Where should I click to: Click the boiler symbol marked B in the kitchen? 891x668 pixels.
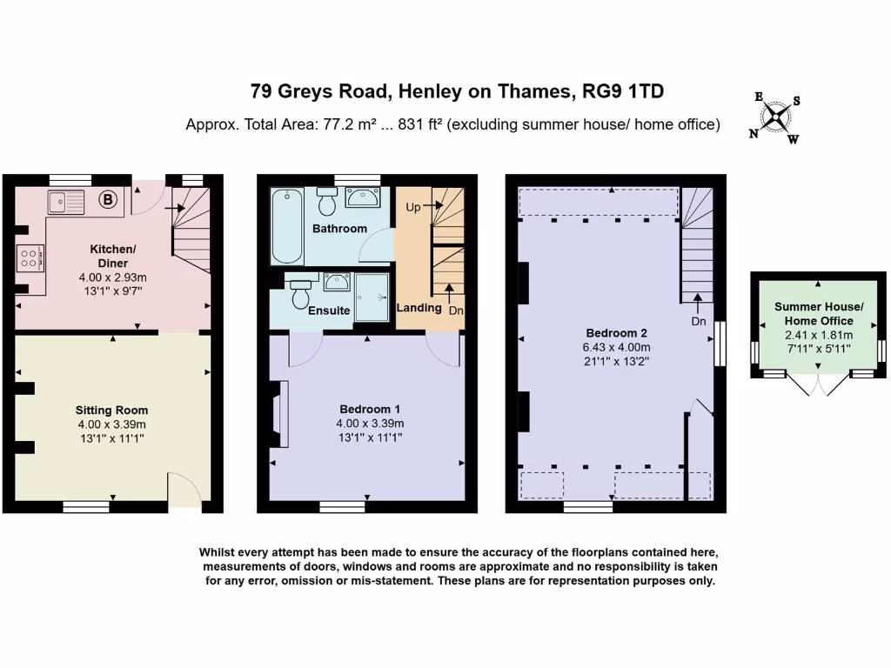pos(108,200)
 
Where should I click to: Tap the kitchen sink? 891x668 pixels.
pos(66,202)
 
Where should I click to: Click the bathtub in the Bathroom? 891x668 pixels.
pos(287,225)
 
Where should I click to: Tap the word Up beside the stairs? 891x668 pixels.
pos(413,207)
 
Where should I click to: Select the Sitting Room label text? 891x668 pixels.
pos(111,410)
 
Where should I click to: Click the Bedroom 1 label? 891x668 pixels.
pos(371,409)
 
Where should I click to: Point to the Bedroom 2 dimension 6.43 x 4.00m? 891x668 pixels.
pos(616,346)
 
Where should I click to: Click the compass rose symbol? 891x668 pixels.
pos(775,117)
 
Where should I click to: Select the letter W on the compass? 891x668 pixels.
pos(793,139)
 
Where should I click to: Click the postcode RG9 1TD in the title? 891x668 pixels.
pos(625,90)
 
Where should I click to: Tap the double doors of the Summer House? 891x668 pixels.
pos(818,385)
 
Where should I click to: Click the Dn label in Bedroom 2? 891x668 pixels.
pos(698,320)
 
